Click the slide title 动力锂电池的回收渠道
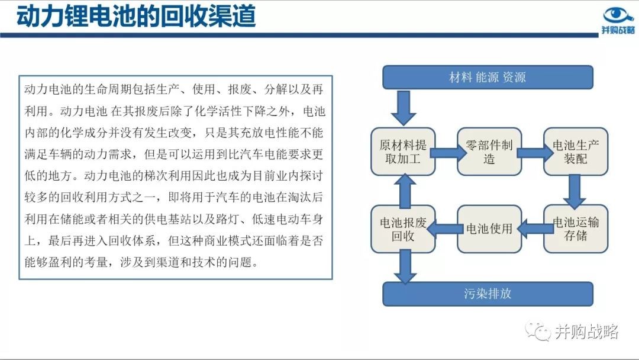(136, 17)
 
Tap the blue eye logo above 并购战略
(618, 15)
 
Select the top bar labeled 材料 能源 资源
(488, 77)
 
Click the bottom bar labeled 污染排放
(488, 294)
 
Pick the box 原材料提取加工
(403, 152)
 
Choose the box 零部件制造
(489, 152)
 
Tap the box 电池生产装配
(576, 152)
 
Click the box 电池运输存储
(576, 229)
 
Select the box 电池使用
(489, 229)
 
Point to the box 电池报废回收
(403, 229)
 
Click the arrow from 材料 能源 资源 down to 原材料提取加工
(404, 108)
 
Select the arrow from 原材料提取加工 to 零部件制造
(448, 153)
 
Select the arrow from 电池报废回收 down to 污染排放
(405, 266)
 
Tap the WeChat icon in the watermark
(537, 331)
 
